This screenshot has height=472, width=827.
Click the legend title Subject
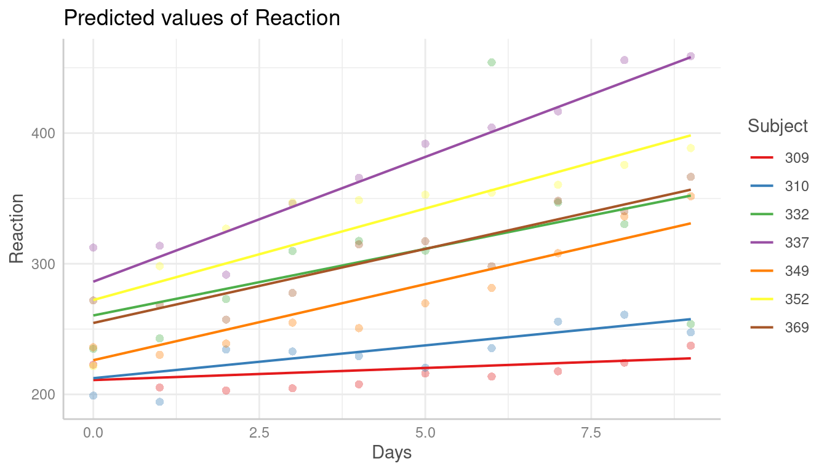click(x=778, y=126)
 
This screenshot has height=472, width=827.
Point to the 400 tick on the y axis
click(x=43, y=133)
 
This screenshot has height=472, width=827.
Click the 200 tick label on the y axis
click(x=43, y=395)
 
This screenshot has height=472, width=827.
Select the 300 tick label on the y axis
click(x=43, y=264)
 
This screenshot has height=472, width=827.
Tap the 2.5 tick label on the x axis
click(x=259, y=433)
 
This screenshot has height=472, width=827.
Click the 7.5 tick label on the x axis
click(x=591, y=433)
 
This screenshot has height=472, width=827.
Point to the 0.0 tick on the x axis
click(x=94, y=433)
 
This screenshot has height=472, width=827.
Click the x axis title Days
click(x=392, y=454)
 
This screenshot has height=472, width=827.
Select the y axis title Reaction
click(x=17, y=229)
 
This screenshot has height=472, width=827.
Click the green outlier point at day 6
click(x=492, y=62)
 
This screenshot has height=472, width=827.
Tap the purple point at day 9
click(x=690, y=57)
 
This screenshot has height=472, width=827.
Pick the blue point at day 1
click(x=160, y=402)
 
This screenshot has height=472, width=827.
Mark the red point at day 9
click(x=690, y=345)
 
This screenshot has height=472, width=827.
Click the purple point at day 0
click(x=94, y=248)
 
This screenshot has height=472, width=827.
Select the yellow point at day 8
click(x=624, y=165)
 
